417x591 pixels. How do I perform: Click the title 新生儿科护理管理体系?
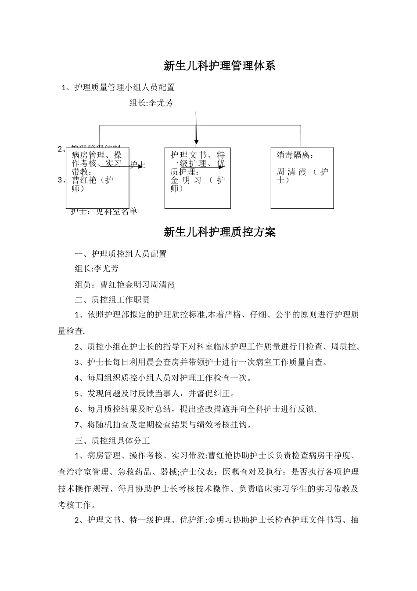[219, 66]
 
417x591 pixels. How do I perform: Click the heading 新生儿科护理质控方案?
[219, 232]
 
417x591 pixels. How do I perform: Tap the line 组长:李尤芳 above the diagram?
[151, 103]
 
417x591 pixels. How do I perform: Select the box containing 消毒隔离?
[302, 178]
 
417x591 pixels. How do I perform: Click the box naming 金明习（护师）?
[198, 178]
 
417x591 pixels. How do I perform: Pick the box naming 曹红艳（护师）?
[97, 178]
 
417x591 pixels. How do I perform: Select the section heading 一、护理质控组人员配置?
[121, 254]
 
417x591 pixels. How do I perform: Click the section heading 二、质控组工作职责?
[112, 300]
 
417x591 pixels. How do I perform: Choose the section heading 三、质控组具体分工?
[112, 440]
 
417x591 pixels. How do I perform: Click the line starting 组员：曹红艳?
[125, 285]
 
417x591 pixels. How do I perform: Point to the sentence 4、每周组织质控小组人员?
[163, 377]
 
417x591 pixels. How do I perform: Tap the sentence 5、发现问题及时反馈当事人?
[155, 393]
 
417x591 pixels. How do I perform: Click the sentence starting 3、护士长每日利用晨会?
[201, 362]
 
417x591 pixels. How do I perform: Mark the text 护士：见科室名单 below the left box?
[104, 212]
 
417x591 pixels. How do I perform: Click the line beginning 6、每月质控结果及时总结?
[195, 409]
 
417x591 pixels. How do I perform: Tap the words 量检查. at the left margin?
[72, 331]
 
